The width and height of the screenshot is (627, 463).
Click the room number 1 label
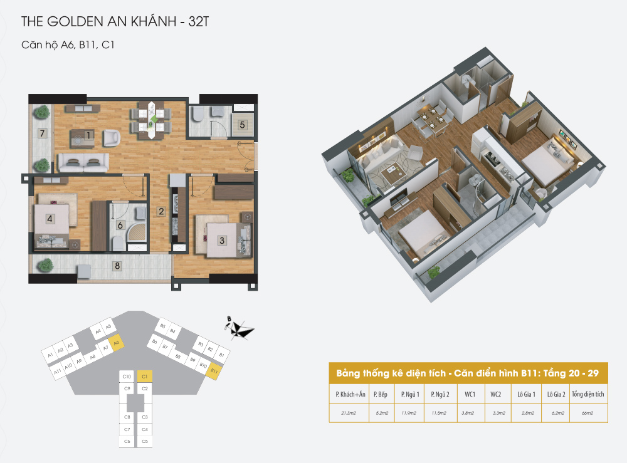click(90, 135)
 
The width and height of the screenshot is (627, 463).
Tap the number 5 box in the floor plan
click(243, 124)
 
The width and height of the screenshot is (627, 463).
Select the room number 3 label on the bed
click(221, 239)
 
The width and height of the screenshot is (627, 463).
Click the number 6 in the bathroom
click(120, 224)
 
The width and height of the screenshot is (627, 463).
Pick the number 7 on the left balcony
click(42, 133)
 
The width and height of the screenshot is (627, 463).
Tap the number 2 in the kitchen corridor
click(161, 212)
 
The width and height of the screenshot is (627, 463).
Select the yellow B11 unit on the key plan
click(214, 371)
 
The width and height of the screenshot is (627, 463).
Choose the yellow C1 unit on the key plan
click(144, 377)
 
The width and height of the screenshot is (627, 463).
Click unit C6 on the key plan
click(127, 442)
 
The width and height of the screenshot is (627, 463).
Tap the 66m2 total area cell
click(587, 413)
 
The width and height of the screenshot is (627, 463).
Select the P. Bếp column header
click(381, 395)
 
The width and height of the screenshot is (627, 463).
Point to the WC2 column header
click(496, 395)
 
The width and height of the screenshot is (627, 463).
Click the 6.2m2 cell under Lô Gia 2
click(556, 413)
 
